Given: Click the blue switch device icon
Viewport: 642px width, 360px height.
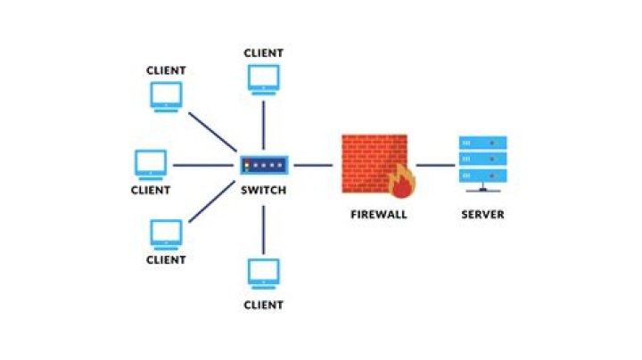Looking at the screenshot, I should click(x=263, y=165).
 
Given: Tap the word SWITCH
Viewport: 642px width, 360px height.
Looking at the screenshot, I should click(x=263, y=190).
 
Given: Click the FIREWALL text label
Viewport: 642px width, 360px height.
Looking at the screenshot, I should click(x=378, y=215).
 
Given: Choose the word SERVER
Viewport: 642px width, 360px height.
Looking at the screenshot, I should click(x=482, y=215).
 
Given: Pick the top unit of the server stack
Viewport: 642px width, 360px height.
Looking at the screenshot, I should click(x=482, y=143).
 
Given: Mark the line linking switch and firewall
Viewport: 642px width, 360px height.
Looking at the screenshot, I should click(x=313, y=165).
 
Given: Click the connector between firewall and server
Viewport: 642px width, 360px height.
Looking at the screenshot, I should click(x=435, y=165).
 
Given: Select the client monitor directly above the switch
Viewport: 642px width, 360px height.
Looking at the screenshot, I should click(x=264, y=78).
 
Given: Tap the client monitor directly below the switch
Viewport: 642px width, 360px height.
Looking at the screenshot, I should click(x=264, y=273).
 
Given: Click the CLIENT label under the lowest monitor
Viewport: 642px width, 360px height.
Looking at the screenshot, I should click(x=264, y=305).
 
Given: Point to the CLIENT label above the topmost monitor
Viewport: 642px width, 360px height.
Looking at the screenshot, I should click(x=264, y=53).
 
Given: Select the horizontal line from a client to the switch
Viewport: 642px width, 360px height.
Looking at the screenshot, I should click(x=202, y=165).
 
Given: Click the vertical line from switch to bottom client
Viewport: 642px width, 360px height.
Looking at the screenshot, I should click(x=264, y=228).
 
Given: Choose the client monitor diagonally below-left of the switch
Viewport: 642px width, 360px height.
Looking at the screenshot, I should click(x=166, y=233).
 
